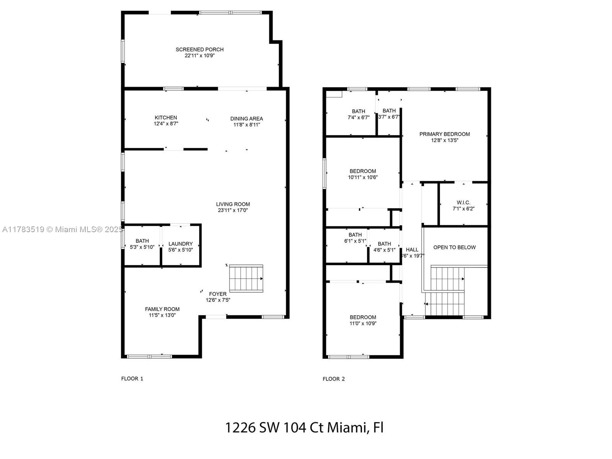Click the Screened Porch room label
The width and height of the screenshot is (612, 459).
[x=199, y=49]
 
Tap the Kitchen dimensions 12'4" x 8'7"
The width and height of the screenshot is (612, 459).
[x=166, y=124]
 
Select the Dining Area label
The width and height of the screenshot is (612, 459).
[x=246, y=119]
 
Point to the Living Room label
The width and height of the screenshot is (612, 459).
[x=233, y=204]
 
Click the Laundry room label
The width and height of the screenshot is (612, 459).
[x=181, y=244]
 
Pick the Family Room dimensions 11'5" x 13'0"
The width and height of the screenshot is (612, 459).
[x=162, y=315]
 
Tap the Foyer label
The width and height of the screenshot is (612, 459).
[x=218, y=294]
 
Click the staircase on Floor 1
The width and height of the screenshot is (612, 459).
[x=246, y=278]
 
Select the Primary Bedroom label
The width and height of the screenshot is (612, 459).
[x=444, y=134]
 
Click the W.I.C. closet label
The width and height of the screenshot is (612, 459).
[x=463, y=202]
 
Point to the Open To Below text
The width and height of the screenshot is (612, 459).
[x=454, y=247]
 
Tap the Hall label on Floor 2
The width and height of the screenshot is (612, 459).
[x=412, y=249]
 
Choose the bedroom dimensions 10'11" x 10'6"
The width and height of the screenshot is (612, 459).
[x=363, y=177]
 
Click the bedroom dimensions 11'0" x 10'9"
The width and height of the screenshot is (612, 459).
[x=363, y=323]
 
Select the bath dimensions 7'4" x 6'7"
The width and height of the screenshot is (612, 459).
[x=358, y=117]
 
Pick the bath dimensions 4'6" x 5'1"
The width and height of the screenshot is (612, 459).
[x=384, y=250]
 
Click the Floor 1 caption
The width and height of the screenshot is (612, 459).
[x=132, y=378]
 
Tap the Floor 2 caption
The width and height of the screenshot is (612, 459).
[x=334, y=379]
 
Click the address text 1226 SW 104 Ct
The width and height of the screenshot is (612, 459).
[x=273, y=427]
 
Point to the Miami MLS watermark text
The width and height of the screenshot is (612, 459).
[x=62, y=229]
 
